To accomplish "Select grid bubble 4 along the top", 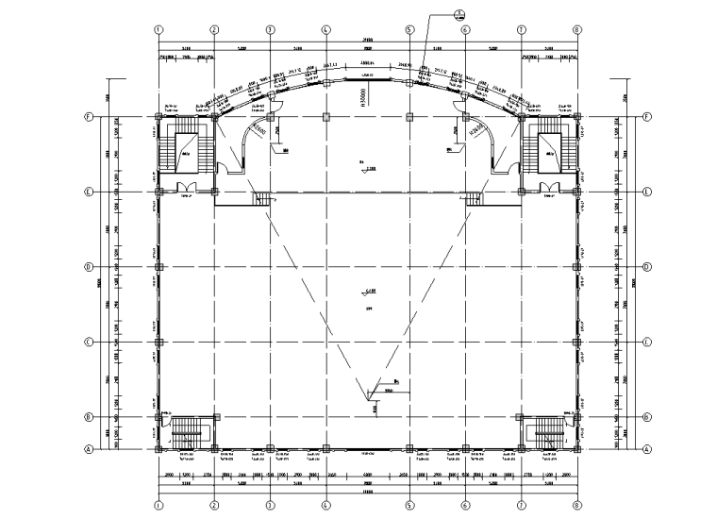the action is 325,30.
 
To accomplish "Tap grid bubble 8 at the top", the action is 576,30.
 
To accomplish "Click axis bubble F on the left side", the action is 88,118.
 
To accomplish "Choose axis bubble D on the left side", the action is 88,267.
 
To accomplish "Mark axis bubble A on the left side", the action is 88,449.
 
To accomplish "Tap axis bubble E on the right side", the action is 647,192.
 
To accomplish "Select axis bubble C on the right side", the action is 647,342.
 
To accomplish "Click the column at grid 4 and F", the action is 325,118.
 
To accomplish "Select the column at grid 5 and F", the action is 409,118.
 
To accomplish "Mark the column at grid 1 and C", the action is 158,342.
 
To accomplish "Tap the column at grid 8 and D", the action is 576,267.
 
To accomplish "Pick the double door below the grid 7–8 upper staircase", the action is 548,186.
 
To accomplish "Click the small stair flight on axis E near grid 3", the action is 262,197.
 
